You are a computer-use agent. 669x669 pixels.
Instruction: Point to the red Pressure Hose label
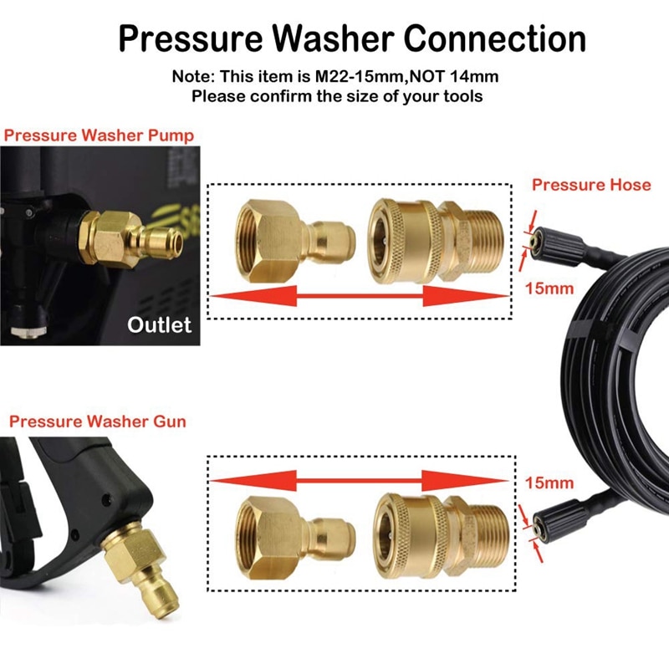[x=590, y=184]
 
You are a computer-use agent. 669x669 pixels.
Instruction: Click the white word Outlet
[x=159, y=324]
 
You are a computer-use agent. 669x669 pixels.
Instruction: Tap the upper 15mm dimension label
[x=549, y=289]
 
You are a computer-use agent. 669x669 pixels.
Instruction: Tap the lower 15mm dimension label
[x=549, y=483]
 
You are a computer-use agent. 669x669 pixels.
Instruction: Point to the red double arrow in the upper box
[x=360, y=296]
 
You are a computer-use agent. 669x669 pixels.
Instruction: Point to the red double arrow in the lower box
[x=360, y=479]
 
